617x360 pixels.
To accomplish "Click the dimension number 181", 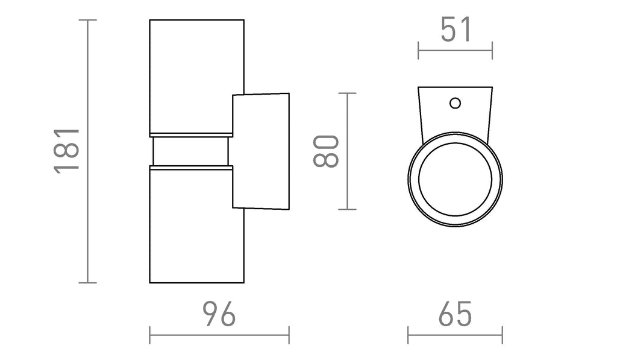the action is tap(66, 151).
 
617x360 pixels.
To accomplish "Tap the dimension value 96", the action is tap(219, 314).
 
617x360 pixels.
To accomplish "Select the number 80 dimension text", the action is tap(326, 151).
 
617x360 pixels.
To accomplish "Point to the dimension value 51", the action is tap(456, 30).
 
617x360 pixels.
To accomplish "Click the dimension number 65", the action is tap(455, 314).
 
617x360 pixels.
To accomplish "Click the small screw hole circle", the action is tap(456, 103).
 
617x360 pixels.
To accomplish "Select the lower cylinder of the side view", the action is tap(196, 224).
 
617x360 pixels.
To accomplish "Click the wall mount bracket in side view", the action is tap(261, 151).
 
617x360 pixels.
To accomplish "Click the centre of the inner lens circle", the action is tap(456, 180).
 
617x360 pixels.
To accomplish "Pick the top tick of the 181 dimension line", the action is tap(87, 20).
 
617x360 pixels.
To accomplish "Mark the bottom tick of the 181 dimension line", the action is tap(87, 283).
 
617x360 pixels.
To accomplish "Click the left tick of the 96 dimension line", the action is tap(150, 335).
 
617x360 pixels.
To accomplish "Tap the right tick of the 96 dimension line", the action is tap(289, 335).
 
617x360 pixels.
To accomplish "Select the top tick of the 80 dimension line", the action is tap(348, 93).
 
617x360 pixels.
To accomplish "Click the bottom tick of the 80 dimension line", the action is tap(348, 209).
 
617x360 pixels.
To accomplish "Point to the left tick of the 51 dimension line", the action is tap(418, 51).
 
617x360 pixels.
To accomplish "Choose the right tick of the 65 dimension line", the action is tap(503, 335).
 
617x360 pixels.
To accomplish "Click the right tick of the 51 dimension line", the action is tap(492, 51).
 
